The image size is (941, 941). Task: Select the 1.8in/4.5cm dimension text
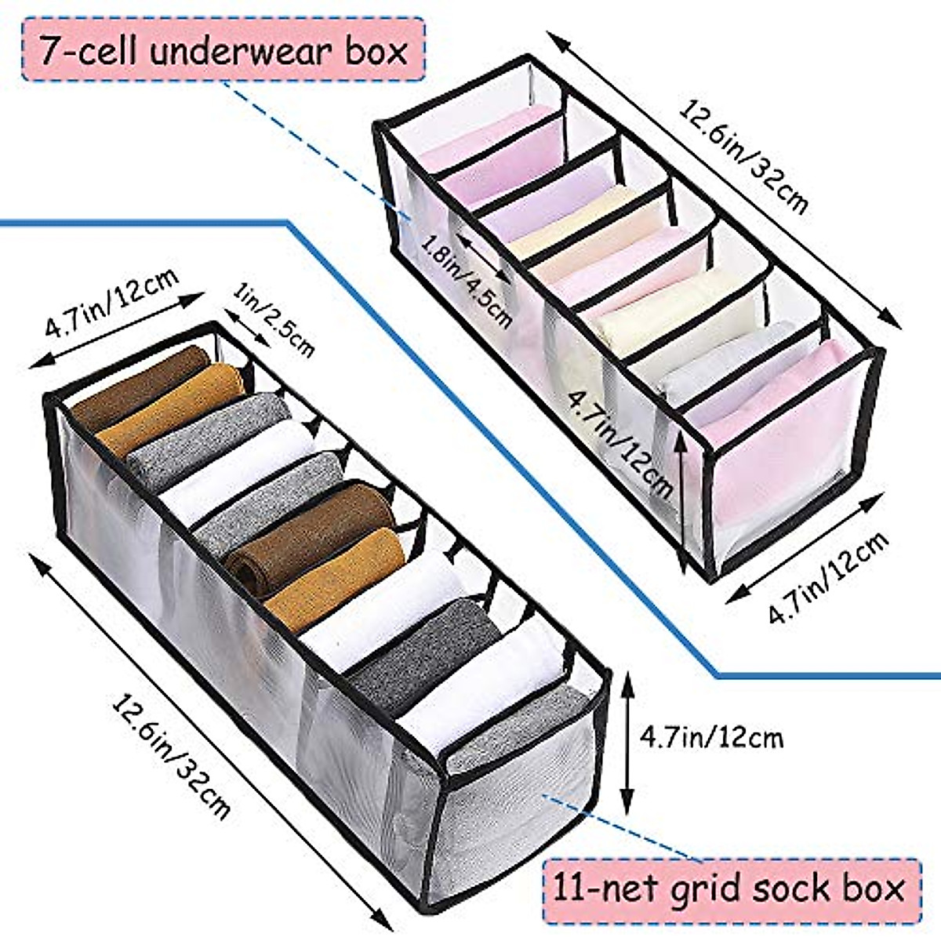(x=467, y=280)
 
